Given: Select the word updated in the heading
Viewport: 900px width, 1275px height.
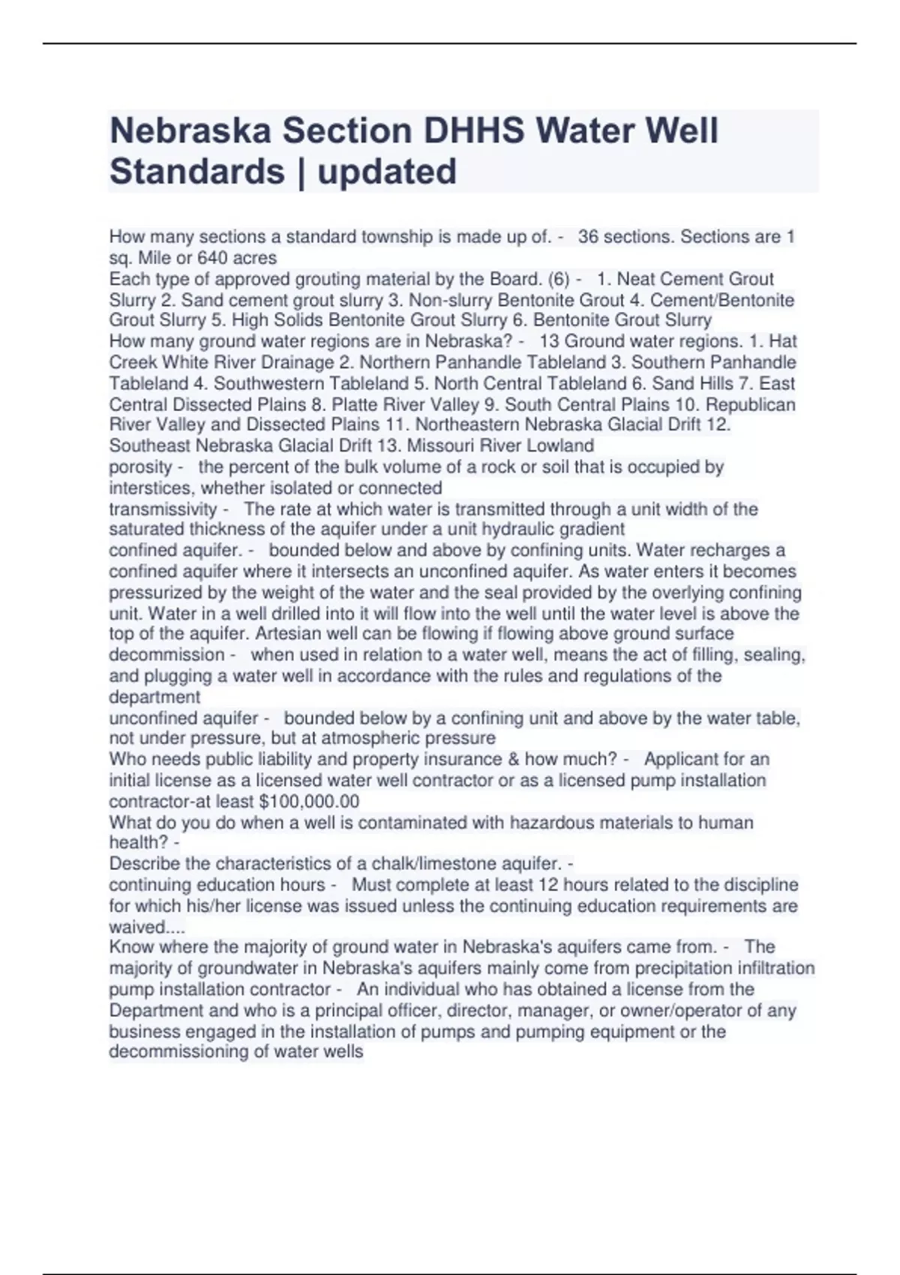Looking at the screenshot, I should (387, 171).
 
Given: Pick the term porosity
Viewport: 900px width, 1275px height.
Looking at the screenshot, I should (141, 467).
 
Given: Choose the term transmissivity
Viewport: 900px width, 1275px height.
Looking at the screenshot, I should (163, 509).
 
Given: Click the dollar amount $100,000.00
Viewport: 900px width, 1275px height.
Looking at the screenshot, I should (308, 801).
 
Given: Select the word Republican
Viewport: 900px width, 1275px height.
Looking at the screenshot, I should (751, 405).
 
